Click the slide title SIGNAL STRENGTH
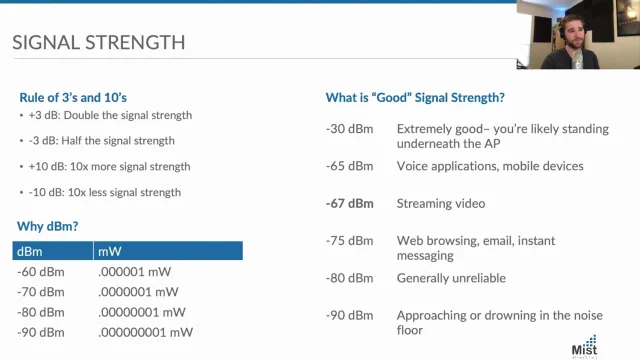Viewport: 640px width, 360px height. tap(98, 43)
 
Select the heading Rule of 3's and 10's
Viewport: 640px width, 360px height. tap(72, 97)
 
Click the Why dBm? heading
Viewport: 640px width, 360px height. tap(49, 226)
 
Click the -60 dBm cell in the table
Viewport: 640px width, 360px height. tap(41, 271)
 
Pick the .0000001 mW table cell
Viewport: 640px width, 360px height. tap(138, 292)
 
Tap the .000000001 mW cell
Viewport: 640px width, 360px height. tap(145, 332)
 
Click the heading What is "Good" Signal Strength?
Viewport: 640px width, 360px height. tap(415, 98)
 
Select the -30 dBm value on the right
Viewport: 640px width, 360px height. tap(349, 129)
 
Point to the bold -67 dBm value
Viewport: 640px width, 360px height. tap(349, 203)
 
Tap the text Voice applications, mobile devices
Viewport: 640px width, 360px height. tap(490, 166)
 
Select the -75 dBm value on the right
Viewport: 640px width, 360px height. tap(349, 240)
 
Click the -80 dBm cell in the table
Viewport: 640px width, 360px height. tap(41, 312)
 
